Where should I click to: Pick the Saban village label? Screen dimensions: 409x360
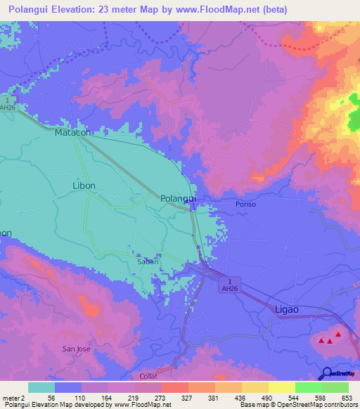point(147,261)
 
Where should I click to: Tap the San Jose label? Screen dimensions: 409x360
point(76,349)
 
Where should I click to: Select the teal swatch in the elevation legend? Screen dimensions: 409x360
point(41,387)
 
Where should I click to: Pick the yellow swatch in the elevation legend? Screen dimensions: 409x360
point(282,387)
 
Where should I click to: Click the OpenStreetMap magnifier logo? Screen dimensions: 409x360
point(327,374)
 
